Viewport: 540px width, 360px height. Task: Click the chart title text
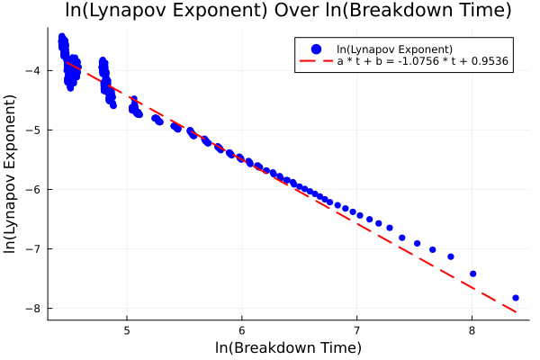point(288,12)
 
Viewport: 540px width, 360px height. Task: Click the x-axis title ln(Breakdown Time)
point(288,347)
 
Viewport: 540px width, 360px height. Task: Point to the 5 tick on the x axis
point(127,329)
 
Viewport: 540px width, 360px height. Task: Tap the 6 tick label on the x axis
point(242,329)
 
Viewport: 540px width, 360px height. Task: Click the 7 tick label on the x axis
point(357,329)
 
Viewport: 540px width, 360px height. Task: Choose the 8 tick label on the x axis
point(472,329)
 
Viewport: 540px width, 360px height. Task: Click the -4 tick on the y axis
point(34,70)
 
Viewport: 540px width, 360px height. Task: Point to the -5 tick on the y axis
point(34,130)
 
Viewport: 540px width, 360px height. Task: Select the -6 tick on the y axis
point(34,189)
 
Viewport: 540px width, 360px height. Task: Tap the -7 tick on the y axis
point(34,248)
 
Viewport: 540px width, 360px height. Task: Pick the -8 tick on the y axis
point(34,308)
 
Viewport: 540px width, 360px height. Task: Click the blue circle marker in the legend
point(315,49)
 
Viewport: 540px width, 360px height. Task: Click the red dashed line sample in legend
point(315,64)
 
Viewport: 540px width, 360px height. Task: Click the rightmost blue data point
point(516,297)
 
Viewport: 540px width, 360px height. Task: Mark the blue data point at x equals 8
point(472,274)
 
